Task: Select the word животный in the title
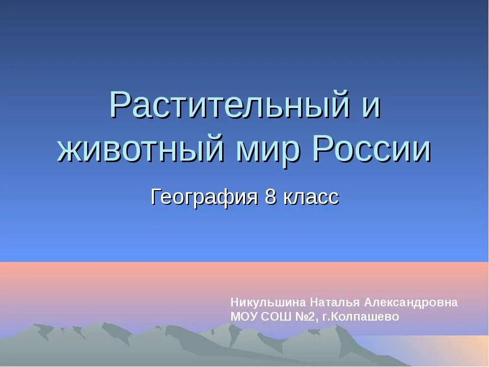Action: [x=141, y=149]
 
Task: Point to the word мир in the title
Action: [x=269, y=149]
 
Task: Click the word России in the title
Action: [x=372, y=149]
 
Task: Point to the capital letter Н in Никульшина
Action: [x=234, y=302]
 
